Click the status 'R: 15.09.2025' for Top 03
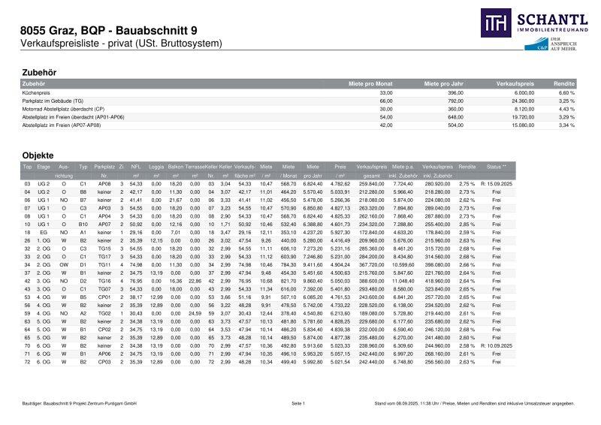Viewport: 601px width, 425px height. (x=497, y=183)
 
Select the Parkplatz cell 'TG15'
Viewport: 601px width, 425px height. (x=105, y=248)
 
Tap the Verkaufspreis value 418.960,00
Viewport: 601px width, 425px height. (x=436, y=279)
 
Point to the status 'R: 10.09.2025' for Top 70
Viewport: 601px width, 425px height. (x=497, y=345)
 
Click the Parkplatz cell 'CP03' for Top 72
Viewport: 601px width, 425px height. (x=105, y=361)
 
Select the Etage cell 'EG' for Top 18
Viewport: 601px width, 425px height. (x=44, y=231)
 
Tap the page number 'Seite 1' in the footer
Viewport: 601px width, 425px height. (x=299, y=404)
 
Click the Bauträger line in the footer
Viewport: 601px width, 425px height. (x=78, y=404)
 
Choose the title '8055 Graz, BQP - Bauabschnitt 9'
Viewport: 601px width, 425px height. (x=109, y=31)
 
